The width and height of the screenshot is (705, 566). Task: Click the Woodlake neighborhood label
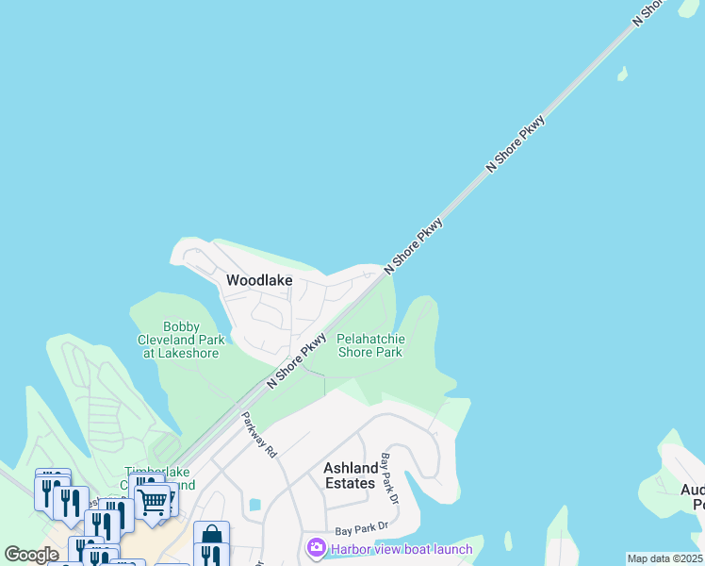click(259, 280)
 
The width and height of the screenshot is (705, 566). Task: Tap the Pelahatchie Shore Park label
click(370, 345)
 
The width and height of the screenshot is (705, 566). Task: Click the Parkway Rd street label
click(257, 435)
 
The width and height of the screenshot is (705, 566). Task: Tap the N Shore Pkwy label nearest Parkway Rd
click(297, 359)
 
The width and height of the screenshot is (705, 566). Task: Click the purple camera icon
click(316, 547)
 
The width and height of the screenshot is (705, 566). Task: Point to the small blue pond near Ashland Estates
click(254, 505)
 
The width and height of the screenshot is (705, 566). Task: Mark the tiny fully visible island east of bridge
click(622, 73)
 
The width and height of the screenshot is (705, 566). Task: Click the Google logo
click(32, 555)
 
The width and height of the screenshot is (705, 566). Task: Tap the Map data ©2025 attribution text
click(664, 558)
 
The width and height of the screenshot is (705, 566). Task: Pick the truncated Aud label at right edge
click(693, 490)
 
